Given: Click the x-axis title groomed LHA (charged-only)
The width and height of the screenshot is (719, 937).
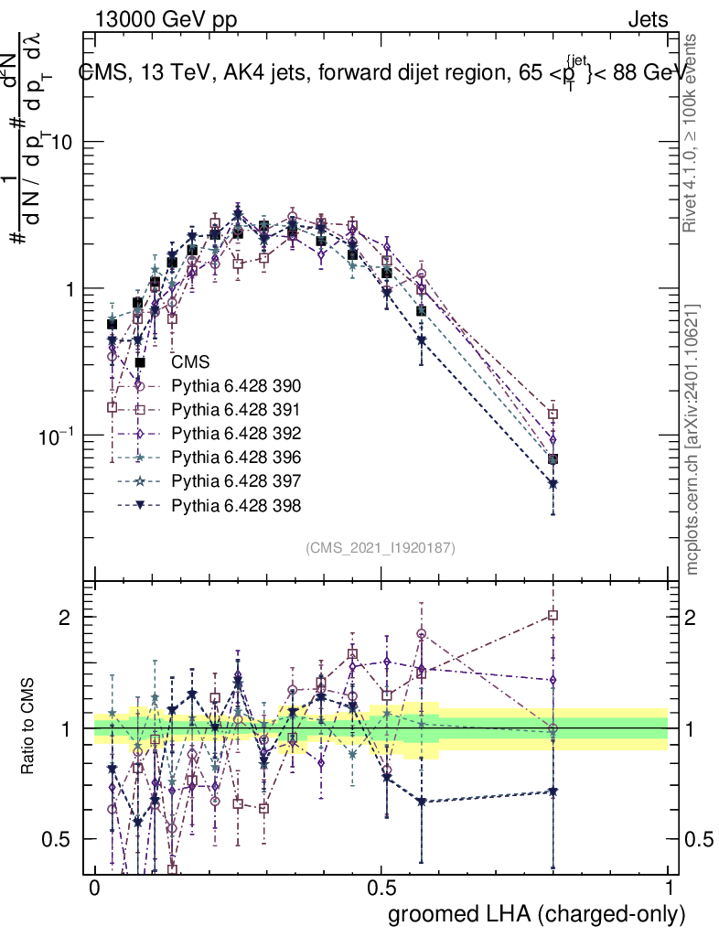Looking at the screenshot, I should point(538,913).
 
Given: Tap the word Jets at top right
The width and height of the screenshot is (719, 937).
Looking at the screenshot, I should point(648,19).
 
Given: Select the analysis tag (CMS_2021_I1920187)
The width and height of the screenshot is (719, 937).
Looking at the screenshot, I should point(381,547).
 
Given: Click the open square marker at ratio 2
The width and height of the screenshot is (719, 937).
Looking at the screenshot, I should point(553,615).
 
